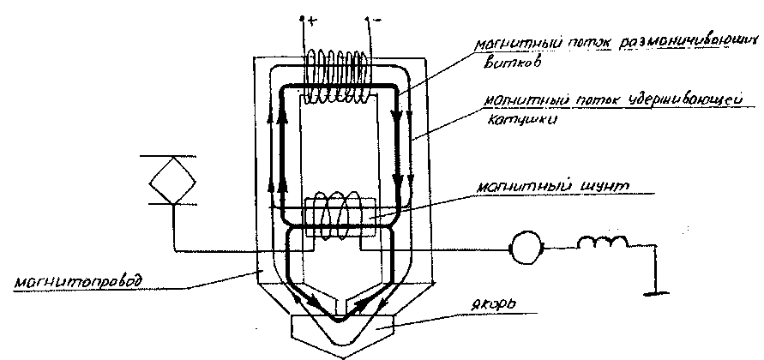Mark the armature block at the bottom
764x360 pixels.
coord(340,331)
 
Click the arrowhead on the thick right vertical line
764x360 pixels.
coord(396,180)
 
